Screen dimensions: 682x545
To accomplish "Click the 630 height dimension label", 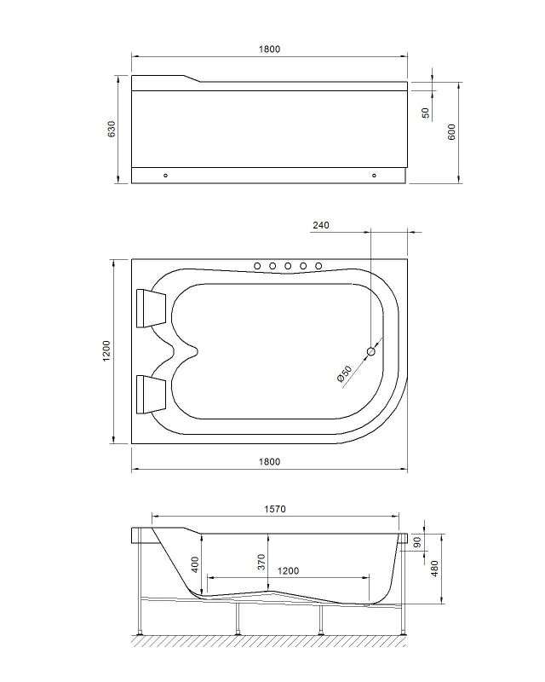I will (111, 129).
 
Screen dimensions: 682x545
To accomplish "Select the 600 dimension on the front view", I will (452, 131).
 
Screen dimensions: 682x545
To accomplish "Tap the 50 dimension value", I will (425, 113).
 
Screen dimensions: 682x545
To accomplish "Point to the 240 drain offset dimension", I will (321, 226).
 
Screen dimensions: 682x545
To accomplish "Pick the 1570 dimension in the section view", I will (273, 509).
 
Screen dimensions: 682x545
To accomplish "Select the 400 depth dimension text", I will (194, 564).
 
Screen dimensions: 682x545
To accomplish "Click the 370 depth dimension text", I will (262, 562).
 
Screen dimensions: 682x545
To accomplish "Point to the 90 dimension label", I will (417, 542).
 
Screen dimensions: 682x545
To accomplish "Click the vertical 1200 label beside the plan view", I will (106, 350).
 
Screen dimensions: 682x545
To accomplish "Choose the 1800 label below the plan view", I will (268, 462).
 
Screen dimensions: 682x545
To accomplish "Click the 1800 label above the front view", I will (268, 49).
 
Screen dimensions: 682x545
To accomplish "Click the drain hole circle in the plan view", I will (371, 351).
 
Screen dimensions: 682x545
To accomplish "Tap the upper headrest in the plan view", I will (152, 307).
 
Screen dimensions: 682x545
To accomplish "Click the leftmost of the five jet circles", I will (257, 267).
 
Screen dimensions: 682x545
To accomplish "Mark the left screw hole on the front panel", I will (165, 176).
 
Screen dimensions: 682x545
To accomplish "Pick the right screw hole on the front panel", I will (374, 176).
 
